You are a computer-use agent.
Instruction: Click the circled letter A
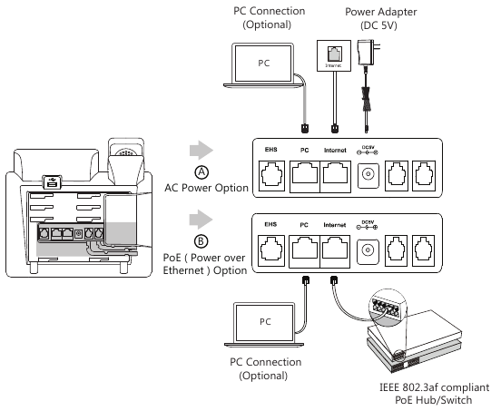pos(201,172)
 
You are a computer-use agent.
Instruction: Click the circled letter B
pos(201,241)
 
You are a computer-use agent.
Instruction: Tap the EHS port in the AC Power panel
pos(271,176)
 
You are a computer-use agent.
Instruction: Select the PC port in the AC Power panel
pos(305,177)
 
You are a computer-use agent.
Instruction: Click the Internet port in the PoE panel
pos(335,251)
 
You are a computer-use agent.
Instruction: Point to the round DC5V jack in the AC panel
pos(368,175)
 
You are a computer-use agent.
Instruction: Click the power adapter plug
pos(369,53)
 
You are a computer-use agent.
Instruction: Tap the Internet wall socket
pos(334,55)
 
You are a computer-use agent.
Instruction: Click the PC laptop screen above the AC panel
pos(263,63)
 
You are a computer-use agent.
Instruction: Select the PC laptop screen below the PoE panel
pos(264,322)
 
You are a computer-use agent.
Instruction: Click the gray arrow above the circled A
pos(201,150)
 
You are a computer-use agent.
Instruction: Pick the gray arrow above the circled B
pos(201,219)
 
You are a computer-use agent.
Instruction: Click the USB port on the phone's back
pos(53,182)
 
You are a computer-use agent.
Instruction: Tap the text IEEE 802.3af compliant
pos(434,387)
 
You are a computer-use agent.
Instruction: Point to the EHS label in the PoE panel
pos(270,224)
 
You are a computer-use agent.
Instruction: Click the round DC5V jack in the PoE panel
pos(368,250)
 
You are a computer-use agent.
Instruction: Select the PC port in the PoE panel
pos(304,251)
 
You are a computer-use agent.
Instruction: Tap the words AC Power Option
pos(206,188)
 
